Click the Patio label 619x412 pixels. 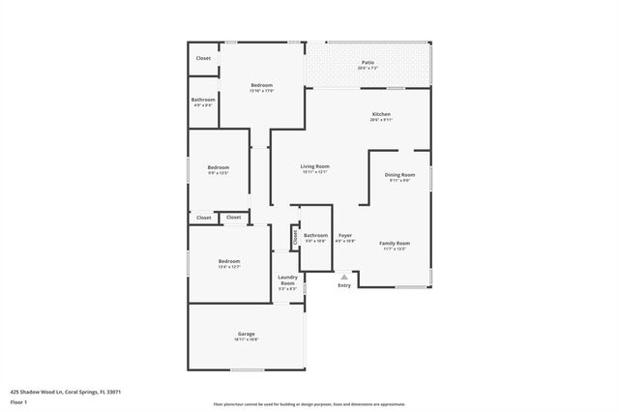point(368,63)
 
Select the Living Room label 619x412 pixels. point(314,166)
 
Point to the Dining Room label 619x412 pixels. point(400,175)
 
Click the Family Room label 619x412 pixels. point(394,243)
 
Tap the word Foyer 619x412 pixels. point(345,236)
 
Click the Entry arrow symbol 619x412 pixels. point(343,276)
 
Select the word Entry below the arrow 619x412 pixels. point(344,285)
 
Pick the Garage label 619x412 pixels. point(246,334)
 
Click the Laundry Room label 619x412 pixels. point(287,280)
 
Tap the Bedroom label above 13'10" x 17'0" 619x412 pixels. point(262,85)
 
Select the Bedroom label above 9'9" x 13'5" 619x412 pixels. point(218,167)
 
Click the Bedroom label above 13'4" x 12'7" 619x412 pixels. point(229,261)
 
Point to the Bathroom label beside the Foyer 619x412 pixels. point(315,235)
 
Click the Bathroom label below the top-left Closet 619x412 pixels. point(203,100)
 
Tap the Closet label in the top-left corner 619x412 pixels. point(203,58)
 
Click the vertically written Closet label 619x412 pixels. point(294,236)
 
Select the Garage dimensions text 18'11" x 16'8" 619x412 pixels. point(246,339)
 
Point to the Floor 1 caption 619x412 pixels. point(18,401)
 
